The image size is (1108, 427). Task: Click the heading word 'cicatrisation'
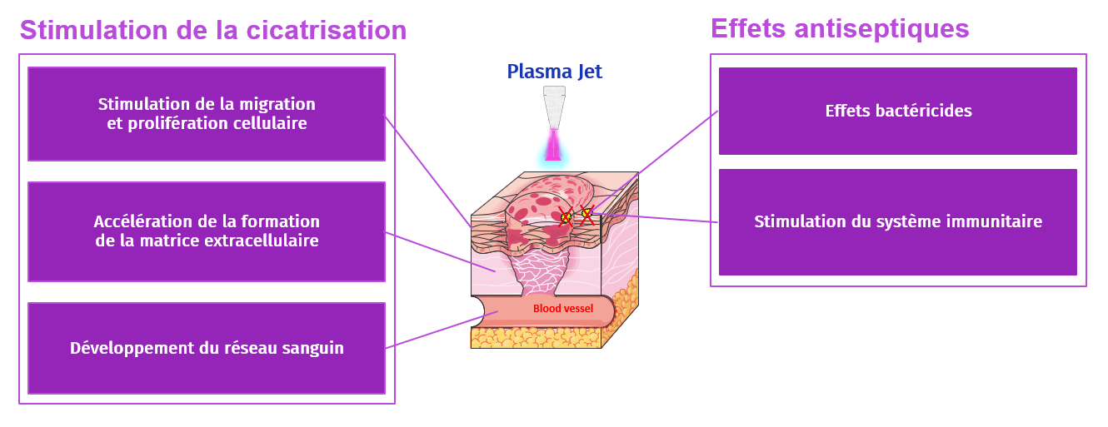(327, 30)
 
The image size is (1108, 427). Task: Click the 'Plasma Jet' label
(554, 72)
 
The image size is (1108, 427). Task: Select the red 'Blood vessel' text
(563, 309)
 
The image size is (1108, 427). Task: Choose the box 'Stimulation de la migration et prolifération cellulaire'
(207, 114)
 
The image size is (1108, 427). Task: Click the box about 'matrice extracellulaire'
(207, 231)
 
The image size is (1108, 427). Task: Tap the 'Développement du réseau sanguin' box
(207, 348)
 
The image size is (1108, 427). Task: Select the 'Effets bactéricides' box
(897, 111)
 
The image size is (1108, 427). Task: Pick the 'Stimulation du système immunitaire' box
(897, 222)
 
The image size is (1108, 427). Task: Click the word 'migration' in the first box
(276, 105)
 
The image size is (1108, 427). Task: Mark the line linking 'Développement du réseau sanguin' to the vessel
(442, 330)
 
